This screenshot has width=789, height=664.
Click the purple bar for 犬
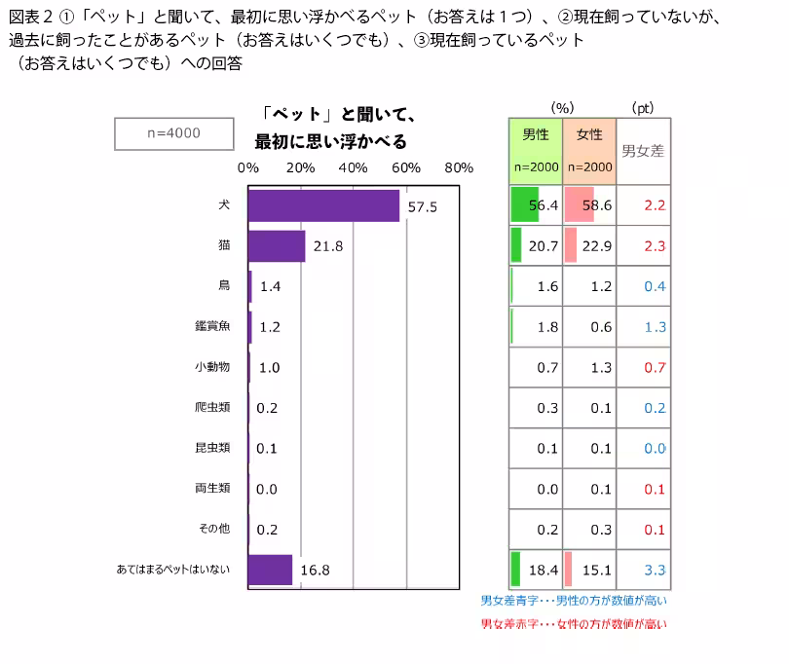pos(323,205)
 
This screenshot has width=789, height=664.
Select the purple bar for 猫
pos(277,246)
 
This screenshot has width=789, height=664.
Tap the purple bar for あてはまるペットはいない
pos(270,570)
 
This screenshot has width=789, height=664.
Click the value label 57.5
pos(422,206)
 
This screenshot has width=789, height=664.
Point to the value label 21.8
pos(327,246)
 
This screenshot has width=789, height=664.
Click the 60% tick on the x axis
pos(406,167)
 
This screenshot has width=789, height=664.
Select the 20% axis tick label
pos(301,167)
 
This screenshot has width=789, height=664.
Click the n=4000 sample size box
pos(173,133)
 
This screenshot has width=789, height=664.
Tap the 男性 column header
pos(536,135)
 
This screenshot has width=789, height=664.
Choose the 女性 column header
pos(589,135)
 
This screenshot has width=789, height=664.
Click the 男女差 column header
pos(643,150)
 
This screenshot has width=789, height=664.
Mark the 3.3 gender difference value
pos(654,570)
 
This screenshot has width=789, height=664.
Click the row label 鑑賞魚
pos(212,326)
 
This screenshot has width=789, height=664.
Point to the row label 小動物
pos(212,367)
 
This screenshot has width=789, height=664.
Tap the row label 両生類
pos(212,488)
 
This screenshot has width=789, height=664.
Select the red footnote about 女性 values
pos(574,624)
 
